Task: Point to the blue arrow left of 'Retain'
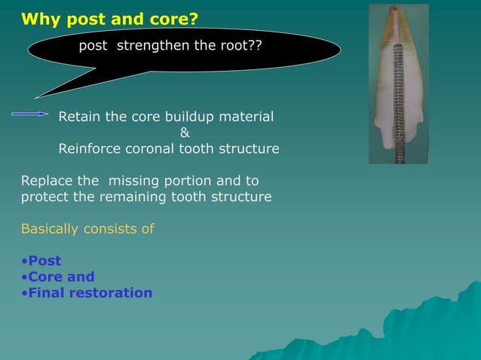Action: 30,114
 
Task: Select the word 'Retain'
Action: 80,117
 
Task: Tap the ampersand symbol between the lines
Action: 185,133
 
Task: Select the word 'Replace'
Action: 46,181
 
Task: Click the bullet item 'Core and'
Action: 61,276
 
